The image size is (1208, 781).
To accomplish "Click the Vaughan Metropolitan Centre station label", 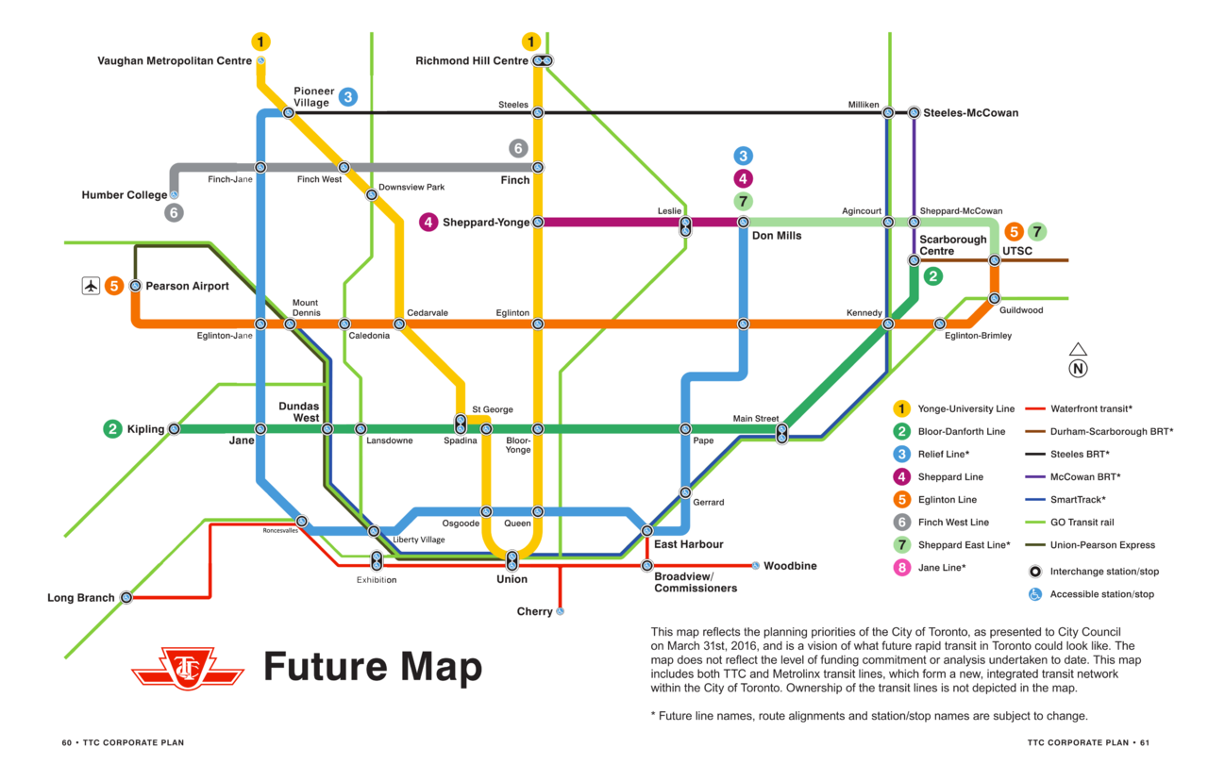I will point(175,61).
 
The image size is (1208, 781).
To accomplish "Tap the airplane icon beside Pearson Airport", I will point(91,285).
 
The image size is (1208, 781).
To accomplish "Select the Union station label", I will point(512,579).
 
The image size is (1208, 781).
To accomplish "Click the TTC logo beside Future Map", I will point(187,668).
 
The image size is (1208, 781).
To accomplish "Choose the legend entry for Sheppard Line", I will point(949,477).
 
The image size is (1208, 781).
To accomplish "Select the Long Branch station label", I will point(81,598).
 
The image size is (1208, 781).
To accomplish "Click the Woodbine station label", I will point(790,566).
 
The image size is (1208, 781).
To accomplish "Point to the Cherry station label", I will point(534,612).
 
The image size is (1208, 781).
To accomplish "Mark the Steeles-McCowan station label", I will point(970,113).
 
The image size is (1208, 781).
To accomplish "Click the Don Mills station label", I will point(777,236).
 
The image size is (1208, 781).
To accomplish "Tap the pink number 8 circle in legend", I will point(902,568).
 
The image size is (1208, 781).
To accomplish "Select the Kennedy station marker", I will point(888,324).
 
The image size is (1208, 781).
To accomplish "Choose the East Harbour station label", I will point(689,544).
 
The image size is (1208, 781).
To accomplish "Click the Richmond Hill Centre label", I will point(472,61).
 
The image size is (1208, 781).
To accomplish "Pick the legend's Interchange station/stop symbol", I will point(1035,572).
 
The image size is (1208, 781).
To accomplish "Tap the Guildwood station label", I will point(1021,309).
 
